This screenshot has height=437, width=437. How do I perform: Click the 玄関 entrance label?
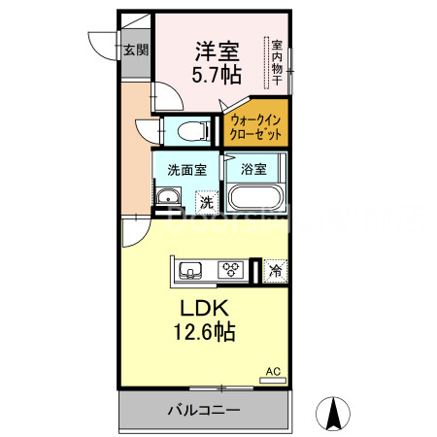pos(136,50)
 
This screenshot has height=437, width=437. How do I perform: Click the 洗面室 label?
pos(186,169)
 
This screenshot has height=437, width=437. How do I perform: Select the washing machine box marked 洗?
pos(206,202)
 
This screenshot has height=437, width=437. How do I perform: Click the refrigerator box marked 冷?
pos(277,271)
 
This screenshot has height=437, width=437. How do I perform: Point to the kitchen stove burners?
pos(231,270)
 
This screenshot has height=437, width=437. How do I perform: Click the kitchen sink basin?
pos(190,269)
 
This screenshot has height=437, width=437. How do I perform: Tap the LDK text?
pos(203,308)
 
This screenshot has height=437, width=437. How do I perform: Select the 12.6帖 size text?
pos(203,332)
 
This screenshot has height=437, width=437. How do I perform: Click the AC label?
pos(273,370)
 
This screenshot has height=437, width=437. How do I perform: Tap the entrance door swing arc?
pos(102,46)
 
